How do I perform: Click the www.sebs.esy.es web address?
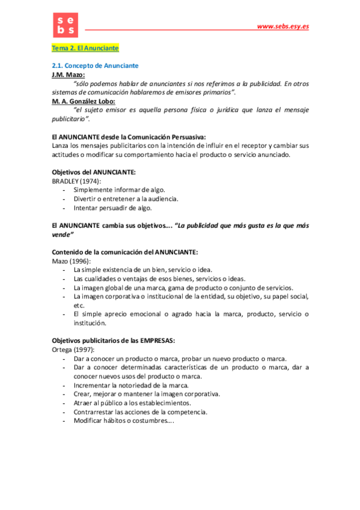point(282,26)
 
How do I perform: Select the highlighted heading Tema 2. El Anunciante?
point(85,48)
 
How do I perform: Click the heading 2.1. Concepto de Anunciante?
point(95,65)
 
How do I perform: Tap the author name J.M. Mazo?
point(69,75)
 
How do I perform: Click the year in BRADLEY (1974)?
point(91,181)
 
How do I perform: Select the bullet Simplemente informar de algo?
point(119,189)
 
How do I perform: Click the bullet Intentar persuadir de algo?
point(112,207)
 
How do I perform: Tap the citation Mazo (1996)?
point(71,260)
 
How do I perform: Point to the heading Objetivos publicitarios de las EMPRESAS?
point(113,340)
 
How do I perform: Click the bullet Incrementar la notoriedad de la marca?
point(131,385)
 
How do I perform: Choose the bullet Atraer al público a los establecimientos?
point(132,402)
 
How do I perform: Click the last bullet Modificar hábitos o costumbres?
point(123,421)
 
